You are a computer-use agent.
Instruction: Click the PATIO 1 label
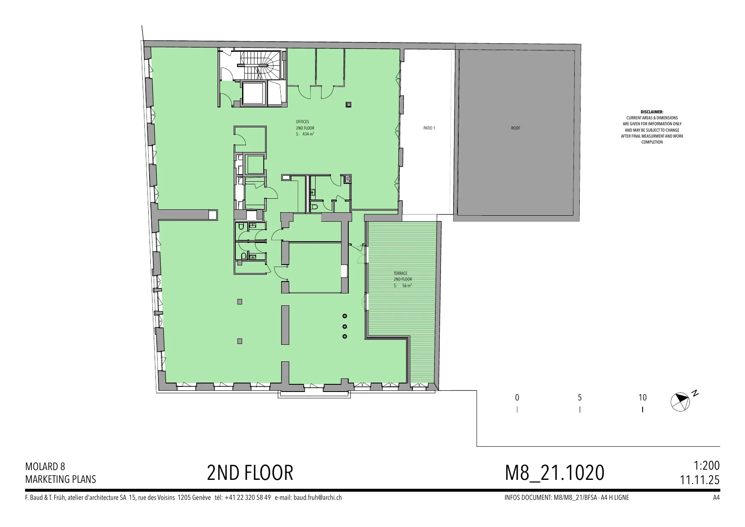[429, 128]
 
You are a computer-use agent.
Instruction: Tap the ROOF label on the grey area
[515, 128]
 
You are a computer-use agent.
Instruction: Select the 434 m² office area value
[308, 134]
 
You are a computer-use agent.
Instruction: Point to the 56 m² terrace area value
[407, 286]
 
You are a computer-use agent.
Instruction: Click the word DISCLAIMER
[652, 112]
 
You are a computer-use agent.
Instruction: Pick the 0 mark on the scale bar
[517, 398]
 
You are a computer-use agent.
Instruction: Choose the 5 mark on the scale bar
[580, 398]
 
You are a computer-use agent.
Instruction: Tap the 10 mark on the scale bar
[643, 398]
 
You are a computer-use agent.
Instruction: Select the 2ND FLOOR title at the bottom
[250, 473]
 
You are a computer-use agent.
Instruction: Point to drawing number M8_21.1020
[555, 473]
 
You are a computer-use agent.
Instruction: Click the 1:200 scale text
[707, 465]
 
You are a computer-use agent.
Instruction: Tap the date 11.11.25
[700, 480]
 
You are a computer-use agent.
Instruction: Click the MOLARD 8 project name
[45, 467]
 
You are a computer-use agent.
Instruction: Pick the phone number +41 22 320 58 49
[248, 498]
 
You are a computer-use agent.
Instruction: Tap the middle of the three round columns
[345, 326]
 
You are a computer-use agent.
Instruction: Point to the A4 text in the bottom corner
[717, 498]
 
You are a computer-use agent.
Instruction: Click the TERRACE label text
[401, 273]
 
